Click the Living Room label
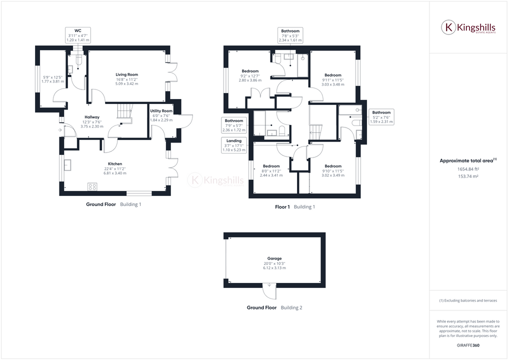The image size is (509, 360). click(x=126, y=74)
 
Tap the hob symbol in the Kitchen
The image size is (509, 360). click(x=92, y=186)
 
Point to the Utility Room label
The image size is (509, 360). click(x=161, y=111)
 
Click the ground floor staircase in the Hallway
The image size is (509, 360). click(x=124, y=112)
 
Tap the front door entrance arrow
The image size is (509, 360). click(x=60, y=130)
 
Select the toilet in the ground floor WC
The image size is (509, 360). click(x=76, y=59)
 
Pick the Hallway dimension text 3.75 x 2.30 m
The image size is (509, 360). click(x=91, y=126)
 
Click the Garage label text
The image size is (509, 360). click(x=274, y=258)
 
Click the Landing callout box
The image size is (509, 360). click(x=233, y=145)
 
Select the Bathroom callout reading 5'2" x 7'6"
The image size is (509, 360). click(x=381, y=117)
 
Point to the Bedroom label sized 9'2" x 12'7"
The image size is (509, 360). click(x=250, y=71)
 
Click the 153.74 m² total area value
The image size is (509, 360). click(x=467, y=175)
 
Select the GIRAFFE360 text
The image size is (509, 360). click(x=468, y=345)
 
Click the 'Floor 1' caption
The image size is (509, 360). click(x=282, y=207)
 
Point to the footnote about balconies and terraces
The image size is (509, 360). click(x=468, y=300)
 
